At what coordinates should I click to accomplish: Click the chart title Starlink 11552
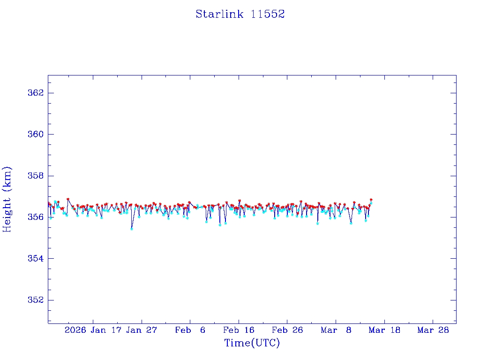coord(240,14)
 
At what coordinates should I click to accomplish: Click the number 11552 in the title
coord(268,14)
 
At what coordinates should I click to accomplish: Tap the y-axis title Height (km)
coord(7,199)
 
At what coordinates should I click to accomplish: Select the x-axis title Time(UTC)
coord(252,343)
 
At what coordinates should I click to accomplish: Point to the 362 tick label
coord(36,93)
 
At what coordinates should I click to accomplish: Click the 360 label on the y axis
coord(36,134)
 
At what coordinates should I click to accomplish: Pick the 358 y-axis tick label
coord(36,176)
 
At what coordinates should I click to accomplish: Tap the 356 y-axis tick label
coord(36,217)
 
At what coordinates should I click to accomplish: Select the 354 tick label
coord(36,259)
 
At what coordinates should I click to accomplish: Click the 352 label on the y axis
coord(36,300)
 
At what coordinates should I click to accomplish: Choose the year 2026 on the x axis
coord(75,330)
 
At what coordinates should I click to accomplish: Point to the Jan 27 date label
coord(142,330)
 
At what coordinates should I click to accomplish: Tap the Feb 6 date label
coord(190,330)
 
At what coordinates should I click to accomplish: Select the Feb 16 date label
coord(239,330)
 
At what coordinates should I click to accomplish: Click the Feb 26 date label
coord(288,330)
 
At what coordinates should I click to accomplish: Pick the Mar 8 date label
coord(336,330)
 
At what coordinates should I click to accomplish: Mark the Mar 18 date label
coord(385,330)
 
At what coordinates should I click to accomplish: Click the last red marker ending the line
coord(371,200)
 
